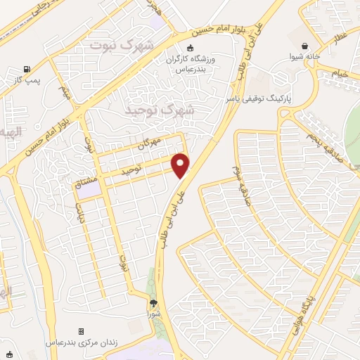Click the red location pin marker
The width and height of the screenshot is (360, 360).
(181, 165)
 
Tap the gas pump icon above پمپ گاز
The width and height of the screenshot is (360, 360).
(27, 69)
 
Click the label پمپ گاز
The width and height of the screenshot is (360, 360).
(27, 82)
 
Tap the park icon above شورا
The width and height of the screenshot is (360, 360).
(154, 303)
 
